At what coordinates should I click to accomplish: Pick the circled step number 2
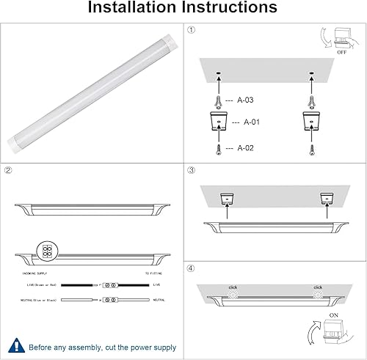click(9, 172)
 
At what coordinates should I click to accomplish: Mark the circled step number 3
click(192, 172)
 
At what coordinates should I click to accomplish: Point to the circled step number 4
click(192, 268)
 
